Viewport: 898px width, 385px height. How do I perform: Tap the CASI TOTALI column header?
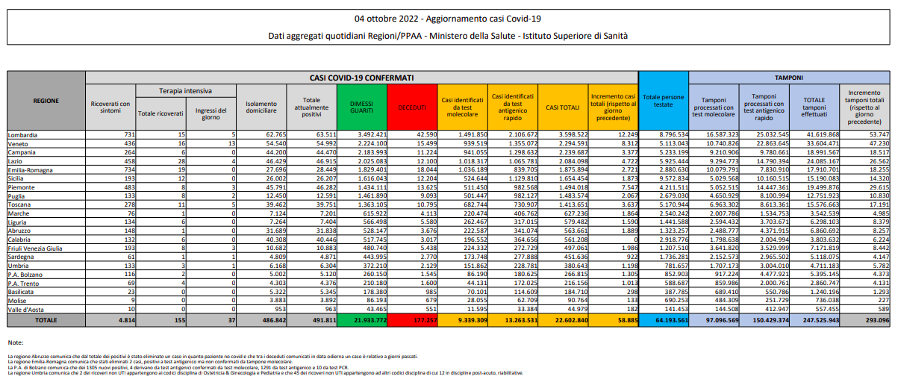click(562, 107)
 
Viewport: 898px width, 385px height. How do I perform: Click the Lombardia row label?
click(22, 135)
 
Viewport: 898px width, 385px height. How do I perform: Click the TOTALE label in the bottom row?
click(46, 320)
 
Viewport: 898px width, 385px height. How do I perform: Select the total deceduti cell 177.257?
click(419, 320)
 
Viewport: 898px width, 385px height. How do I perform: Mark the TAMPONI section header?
click(788, 77)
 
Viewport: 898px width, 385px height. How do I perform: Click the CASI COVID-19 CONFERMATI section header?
click(361, 77)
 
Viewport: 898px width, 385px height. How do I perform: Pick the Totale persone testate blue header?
click(663, 101)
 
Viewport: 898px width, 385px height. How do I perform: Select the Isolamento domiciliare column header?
click(261, 107)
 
